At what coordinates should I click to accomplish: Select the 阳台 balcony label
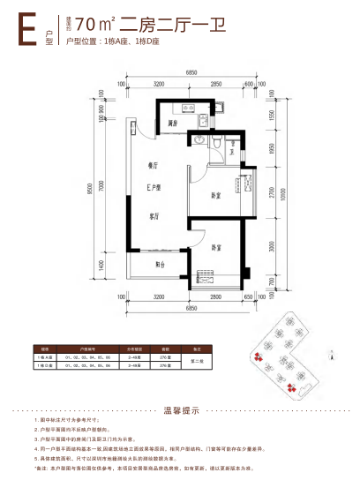(x=160, y=264)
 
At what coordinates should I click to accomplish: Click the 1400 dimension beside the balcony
(x=102, y=264)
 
